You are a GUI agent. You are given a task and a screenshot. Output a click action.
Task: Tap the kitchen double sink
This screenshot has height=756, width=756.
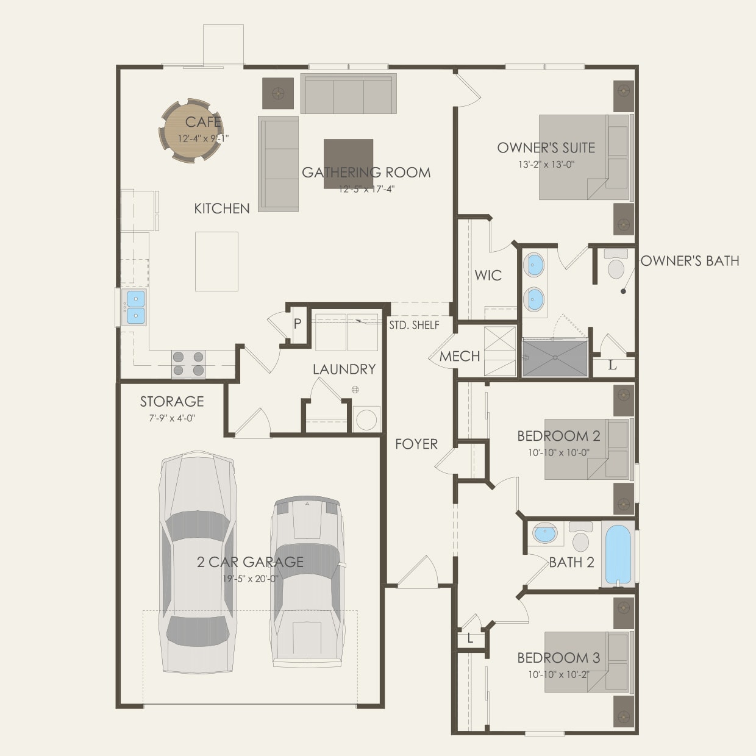pyautogui.click(x=135, y=307)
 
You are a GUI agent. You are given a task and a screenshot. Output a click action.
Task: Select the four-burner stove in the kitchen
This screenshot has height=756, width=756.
pyautogui.click(x=188, y=363)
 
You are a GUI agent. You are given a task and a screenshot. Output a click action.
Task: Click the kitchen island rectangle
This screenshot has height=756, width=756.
pyautogui.click(x=216, y=261)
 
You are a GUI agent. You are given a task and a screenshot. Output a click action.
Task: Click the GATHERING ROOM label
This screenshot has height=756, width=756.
pyautogui.click(x=366, y=173)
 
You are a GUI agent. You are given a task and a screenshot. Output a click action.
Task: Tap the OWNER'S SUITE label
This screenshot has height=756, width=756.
pyautogui.click(x=546, y=148)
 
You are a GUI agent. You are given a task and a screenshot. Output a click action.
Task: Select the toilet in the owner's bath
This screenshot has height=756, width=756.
pyautogui.click(x=616, y=266)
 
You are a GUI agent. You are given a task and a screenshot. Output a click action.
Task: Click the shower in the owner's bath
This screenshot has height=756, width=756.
pyautogui.click(x=555, y=358)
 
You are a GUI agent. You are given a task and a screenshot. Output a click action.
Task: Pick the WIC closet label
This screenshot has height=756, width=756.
pyautogui.click(x=488, y=275)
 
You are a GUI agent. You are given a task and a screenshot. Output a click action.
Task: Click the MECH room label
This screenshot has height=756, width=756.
pyautogui.click(x=460, y=356)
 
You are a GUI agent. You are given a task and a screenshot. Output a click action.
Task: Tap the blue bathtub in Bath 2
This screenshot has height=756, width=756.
pyautogui.click(x=618, y=553)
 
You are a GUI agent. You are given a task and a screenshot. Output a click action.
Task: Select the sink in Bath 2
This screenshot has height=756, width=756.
pyautogui.click(x=544, y=533)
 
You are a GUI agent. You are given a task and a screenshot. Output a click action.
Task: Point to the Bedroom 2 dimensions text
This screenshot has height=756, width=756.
pyautogui.click(x=558, y=453)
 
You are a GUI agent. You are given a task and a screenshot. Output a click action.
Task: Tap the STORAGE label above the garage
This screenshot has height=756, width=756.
pyautogui.click(x=172, y=401)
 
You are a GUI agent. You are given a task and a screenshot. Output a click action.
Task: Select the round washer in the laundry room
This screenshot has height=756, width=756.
pyautogui.click(x=367, y=419)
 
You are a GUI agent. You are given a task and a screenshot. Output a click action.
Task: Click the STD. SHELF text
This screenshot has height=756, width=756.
pyautogui.click(x=415, y=325)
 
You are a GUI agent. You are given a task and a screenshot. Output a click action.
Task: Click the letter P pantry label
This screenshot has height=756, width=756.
pyautogui.click(x=298, y=324)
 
